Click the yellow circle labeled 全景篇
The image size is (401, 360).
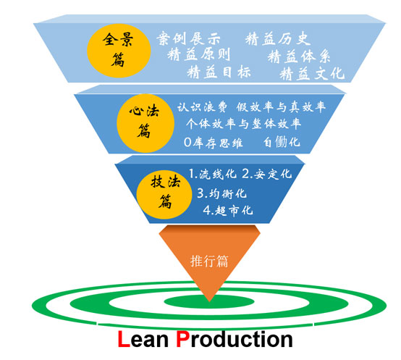119,51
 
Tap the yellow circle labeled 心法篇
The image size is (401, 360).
145,123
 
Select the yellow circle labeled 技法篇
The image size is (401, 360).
164,194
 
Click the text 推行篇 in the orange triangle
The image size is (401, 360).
209,261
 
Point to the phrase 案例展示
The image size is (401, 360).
188,38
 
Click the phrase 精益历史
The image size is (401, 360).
278,39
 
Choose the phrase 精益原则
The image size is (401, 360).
199,54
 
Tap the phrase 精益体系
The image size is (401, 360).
299,56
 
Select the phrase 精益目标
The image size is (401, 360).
219,72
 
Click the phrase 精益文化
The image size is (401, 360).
312,73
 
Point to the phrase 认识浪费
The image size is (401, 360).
202,107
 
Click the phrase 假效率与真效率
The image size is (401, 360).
281,106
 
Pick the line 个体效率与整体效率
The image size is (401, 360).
243,124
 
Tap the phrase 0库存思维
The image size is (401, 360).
214,142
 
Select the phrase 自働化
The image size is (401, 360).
282,142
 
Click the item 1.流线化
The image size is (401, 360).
213,174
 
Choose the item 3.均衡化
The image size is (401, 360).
221,193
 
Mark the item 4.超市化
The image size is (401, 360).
228,210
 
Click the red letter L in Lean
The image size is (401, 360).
124,339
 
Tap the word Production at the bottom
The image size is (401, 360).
235,339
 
